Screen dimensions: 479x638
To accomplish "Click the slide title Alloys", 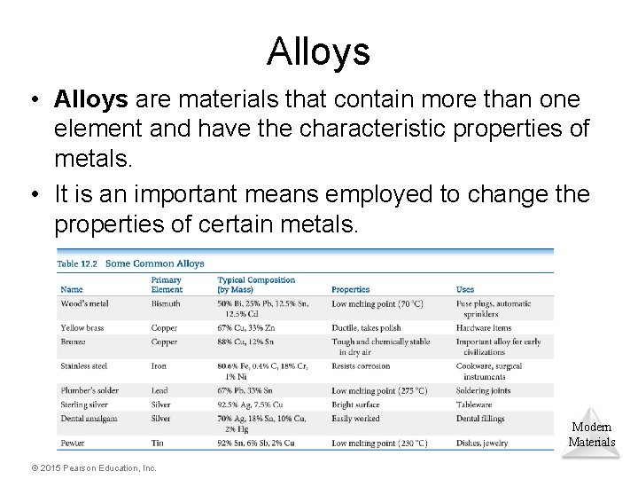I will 318,51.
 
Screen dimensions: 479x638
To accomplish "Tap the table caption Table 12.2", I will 79,263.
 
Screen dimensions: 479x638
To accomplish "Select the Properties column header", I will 351,290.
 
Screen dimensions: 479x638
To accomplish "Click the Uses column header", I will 465,290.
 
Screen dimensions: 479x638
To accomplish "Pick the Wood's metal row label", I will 85,303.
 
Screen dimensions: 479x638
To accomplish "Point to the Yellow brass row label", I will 83,328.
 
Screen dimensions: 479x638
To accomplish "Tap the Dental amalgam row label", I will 89,418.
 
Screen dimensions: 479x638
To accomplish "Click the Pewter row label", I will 73,443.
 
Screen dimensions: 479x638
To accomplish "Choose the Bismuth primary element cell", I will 166,303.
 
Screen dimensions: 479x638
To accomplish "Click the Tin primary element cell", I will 158,443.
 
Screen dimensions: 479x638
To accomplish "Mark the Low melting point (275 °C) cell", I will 377,391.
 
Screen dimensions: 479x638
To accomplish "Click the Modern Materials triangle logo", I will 591,434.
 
